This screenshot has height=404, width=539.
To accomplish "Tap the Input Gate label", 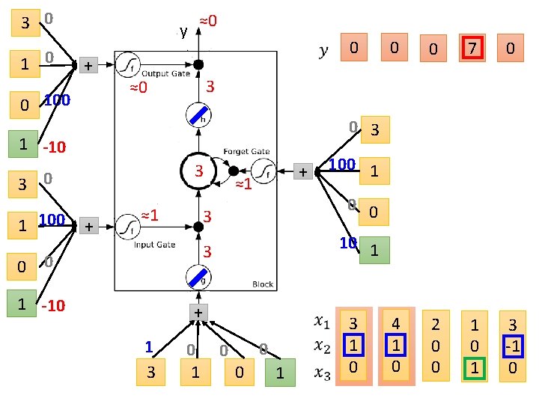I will (154, 245).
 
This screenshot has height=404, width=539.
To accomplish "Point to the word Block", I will (263, 284).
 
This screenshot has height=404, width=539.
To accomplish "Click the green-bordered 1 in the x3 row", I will (473, 368).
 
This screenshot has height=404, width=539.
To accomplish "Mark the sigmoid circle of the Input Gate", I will (127, 224).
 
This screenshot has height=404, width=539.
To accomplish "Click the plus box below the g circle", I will (198, 312).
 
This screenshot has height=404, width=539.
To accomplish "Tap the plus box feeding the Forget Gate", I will (302, 172).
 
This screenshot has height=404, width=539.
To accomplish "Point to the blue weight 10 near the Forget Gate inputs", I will (347, 243).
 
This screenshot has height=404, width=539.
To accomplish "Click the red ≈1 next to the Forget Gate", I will (243, 184).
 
